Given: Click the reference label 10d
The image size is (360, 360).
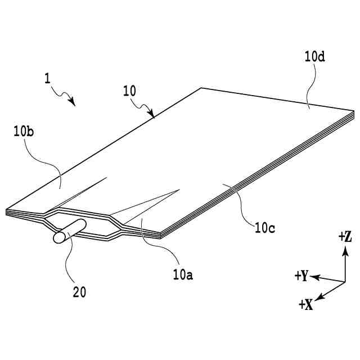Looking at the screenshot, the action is [x=316, y=57].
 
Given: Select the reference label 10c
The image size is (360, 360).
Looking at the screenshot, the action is [x=265, y=228].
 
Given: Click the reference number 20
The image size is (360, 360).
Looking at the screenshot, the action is [x=79, y=292].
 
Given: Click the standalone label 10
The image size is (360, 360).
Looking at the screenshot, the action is [x=129, y=91].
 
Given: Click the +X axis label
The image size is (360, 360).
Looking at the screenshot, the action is [x=306, y=304].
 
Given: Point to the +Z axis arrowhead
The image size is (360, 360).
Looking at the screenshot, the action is [x=345, y=251].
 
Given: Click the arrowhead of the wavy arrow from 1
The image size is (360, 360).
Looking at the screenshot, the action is [x=73, y=102].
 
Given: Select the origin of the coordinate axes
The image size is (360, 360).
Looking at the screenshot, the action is [x=344, y=281].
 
